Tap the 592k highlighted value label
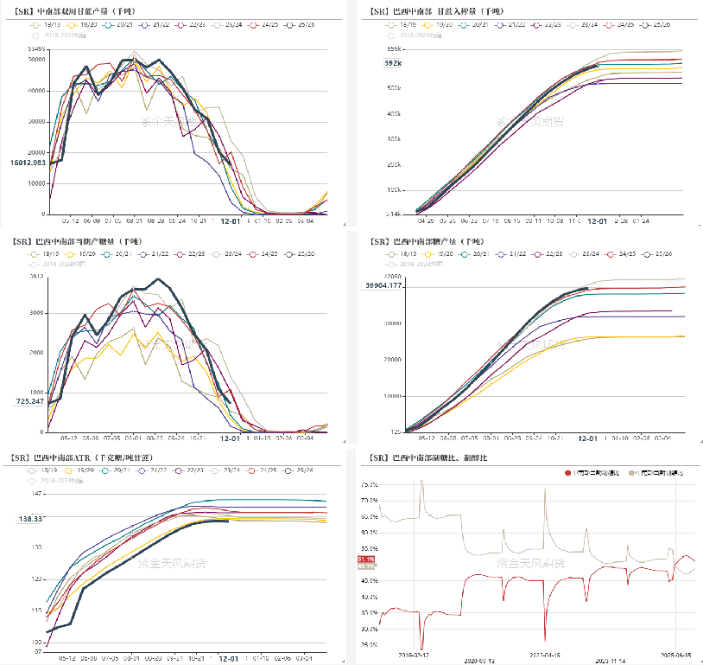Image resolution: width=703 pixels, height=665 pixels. pyautogui.click(x=393, y=63)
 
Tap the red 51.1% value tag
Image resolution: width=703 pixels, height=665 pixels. pyautogui.click(x=364, y=560)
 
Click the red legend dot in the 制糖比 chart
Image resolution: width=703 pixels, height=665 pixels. pyautogui.click(x=567, y=473)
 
